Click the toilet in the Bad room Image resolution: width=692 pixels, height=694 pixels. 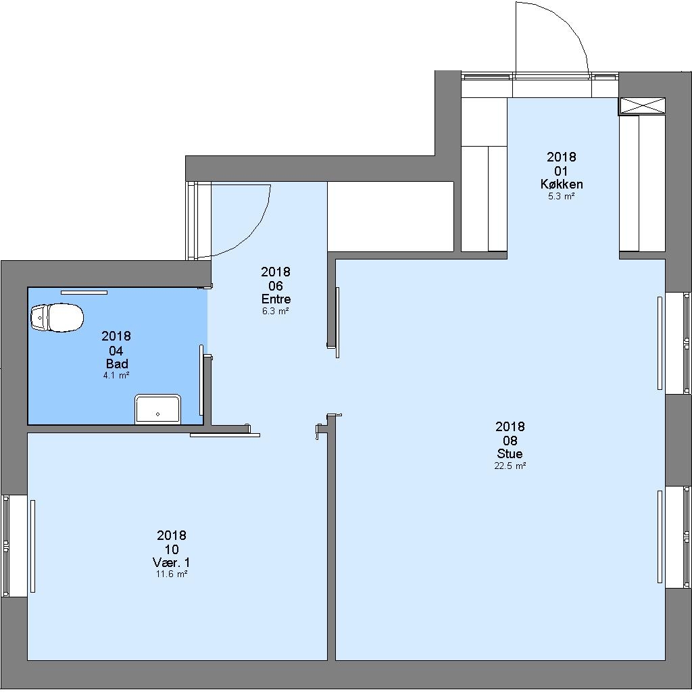click(x=57, y=318)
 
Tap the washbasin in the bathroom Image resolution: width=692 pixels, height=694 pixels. click(x=157, y=410)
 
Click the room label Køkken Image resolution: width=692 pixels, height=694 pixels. click(x=562, y=184)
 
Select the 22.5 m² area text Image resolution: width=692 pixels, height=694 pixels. click(x=510, y=466)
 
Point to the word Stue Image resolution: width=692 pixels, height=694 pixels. click(x=510, y=453)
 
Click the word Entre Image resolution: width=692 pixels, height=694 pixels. click(x=276, y=299)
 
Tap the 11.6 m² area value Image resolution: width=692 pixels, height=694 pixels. click(x=172, y=574)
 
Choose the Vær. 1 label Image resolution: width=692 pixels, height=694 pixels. click(x=172, y=562)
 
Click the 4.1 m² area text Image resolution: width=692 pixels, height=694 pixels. click(x=116, y=375)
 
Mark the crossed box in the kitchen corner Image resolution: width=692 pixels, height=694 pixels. click(x=642, y=106)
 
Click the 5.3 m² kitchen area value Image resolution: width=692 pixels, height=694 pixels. click(x=562, y=196)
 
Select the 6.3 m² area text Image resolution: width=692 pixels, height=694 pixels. click(x=276, y=311)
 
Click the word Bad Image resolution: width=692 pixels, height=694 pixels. click(x=117, y=364)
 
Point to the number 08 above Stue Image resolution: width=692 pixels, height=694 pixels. click(x=510, y=441)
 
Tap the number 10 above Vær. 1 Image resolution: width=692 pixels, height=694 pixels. click(x=172, y=549)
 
